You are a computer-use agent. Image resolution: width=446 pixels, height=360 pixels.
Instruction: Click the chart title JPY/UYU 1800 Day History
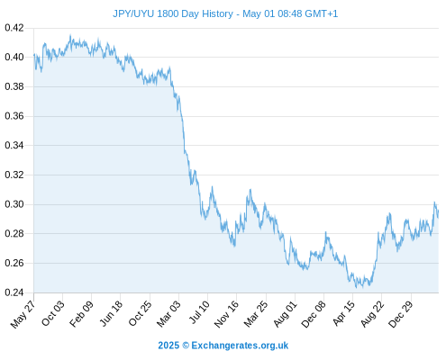click(173, 13)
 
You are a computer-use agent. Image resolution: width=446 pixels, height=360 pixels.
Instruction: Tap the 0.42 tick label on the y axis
click(14, 28)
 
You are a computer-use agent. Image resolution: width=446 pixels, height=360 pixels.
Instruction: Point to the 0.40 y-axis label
click(14, 57)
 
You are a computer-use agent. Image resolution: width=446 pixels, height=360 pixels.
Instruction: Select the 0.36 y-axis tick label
click(14, 116)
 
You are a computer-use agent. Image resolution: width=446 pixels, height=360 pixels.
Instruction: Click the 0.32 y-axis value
click(14, 175)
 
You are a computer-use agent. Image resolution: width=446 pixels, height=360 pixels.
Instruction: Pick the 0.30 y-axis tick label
click(14, 204)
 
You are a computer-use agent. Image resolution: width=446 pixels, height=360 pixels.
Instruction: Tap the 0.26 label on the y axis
click(14, 263)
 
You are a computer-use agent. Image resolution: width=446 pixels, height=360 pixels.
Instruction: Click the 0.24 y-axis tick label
click(14, 292)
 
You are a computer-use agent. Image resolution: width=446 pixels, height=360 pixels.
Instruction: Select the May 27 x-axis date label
click(23, 314)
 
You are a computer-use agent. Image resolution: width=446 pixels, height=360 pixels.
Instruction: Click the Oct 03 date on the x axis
click(53, 313)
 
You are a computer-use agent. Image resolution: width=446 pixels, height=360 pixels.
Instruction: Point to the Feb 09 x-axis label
click(81, 314)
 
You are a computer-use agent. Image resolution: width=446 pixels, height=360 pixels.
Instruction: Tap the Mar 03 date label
click(168, 314)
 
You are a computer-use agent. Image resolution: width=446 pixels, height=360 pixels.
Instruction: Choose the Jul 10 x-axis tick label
click(199, 312)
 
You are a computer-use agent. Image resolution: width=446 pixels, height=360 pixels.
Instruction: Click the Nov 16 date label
click(226, 314)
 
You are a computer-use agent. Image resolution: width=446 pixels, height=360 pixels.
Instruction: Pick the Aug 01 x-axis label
click(285, 314)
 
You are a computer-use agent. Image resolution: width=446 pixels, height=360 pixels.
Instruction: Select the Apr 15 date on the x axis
click(344, 313)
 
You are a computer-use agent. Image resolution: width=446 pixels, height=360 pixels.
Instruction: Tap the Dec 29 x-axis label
click(401, 314)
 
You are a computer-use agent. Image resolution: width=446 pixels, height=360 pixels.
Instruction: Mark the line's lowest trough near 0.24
click(357, 288)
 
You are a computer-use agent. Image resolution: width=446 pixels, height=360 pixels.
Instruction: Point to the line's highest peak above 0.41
click(70, 35)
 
